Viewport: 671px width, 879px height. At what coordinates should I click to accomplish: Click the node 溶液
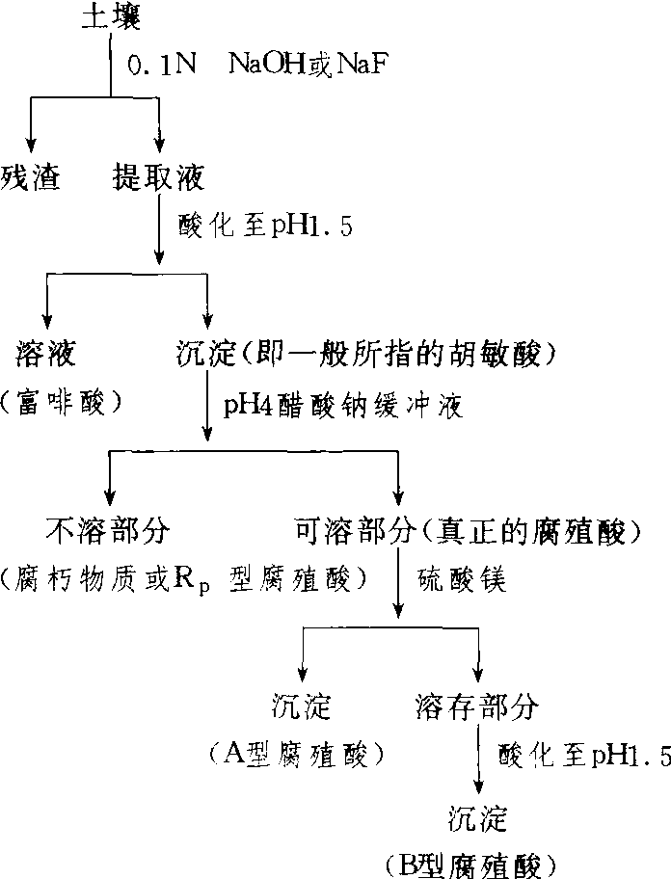[45, 355]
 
